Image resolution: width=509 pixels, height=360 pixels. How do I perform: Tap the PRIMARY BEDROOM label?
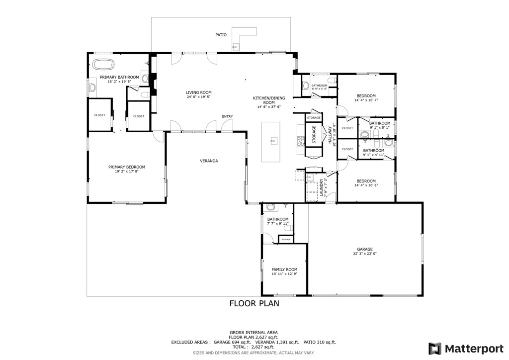coord(127,167)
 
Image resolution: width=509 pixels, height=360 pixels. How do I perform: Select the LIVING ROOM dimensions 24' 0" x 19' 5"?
coord(199,97)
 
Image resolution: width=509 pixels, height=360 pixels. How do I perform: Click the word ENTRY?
coord(227,116)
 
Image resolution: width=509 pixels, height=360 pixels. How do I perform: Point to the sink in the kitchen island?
coord(273,142)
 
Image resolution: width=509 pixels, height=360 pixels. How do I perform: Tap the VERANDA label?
coord(209,161)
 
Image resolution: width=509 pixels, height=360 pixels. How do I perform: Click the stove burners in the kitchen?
coord(300,141)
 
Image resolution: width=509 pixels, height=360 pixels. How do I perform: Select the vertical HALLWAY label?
coord(330,135)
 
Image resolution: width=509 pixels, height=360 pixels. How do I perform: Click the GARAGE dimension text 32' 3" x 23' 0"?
coord(364,254)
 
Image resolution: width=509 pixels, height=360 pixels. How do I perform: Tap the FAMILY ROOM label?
coord(284,270)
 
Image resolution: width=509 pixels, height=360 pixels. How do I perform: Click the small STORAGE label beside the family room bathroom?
coord(286,240)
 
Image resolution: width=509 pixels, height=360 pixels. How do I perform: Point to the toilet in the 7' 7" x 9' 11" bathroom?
coord(271,207)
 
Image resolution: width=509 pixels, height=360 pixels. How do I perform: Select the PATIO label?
coord(221,35)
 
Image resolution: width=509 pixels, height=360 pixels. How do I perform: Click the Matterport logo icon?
coord(435,348)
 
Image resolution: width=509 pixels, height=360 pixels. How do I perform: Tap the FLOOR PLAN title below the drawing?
coord(254,303)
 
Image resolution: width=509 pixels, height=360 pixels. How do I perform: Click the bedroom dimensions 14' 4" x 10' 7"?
coord(366,100)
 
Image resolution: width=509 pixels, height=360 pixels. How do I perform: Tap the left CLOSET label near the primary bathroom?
coord(99,115)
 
